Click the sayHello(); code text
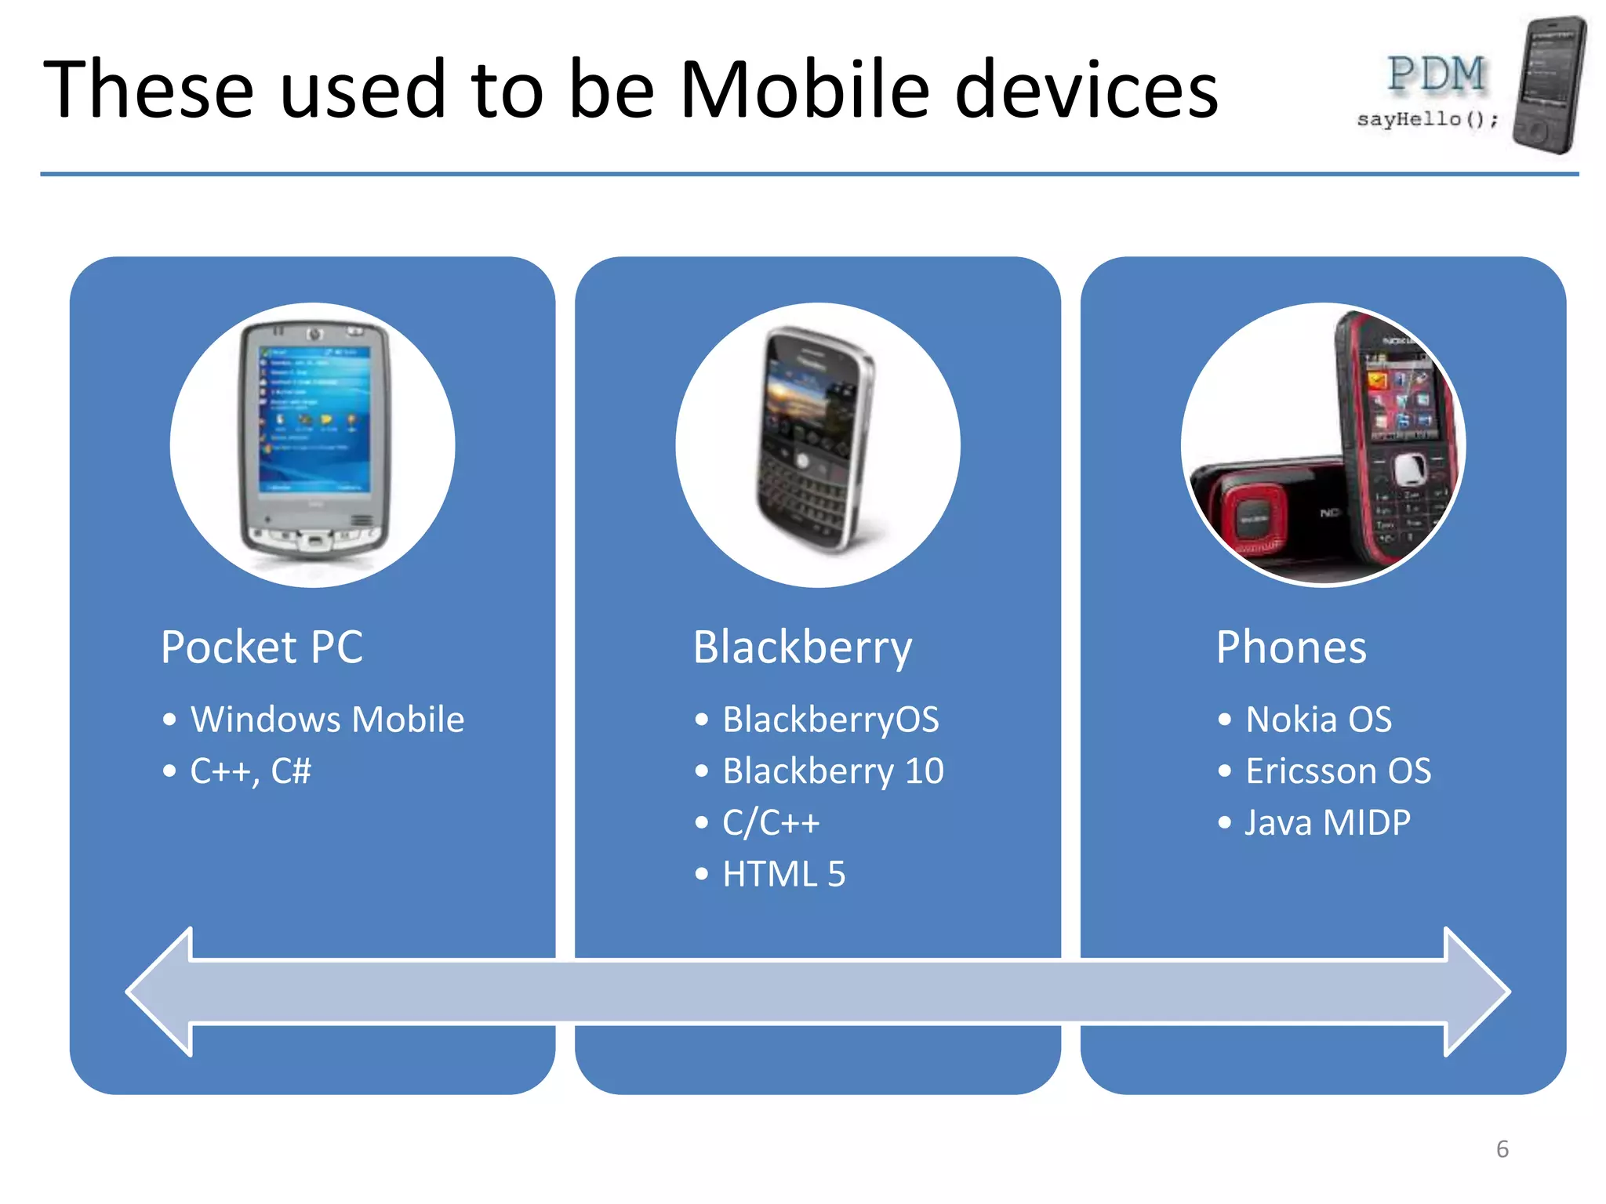pyautogui.click(x=1427, y=119)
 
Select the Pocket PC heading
pyautogui.click(x=262, y=647)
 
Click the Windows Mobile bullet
pyautogui.click(x=327, y=720)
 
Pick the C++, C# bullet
pyautogui.click(x=250, y=771)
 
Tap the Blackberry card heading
pyautogui.click(x=802, y=648)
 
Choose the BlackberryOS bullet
pyautogui.click(x=830, y=720)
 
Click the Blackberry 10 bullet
pyautogui.click(x=832, y=771)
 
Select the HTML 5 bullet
pyautogui.click(x=783, y=874)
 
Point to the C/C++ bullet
pyautogui.click(x=770, y=823)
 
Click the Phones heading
pyautogui.click(x=1291, y=648)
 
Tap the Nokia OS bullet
pyautogui.click(x=1318, y=720)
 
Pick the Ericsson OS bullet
pyautogui.click(x=1338, y=771)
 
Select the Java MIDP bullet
pyautogui.click(x=1328, y=823)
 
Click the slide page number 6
pyautogui.click(x=1502, y=1149)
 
